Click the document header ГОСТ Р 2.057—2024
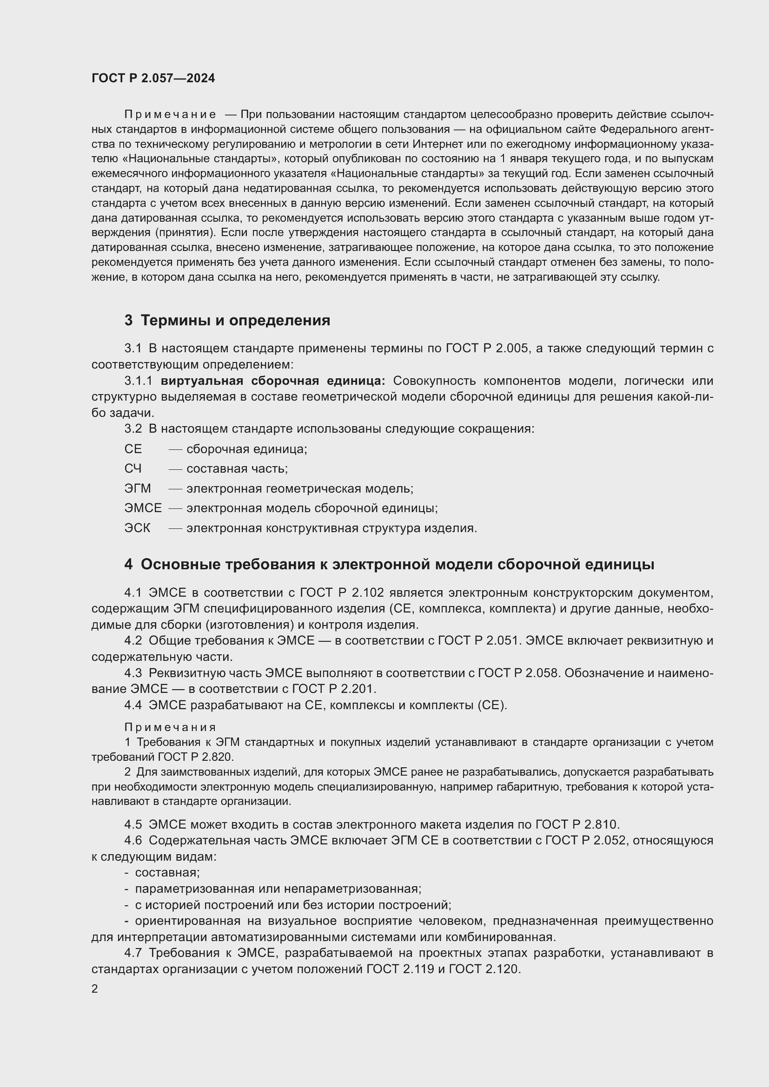(153, 79)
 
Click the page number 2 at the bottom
(95, 989)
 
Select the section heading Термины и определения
(235, 321)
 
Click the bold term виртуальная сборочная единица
(273, 381)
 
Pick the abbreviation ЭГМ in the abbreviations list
(137, 488)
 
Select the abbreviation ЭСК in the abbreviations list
(137, 528)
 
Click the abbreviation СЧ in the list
(133, 469)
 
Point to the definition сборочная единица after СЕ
(246, 449)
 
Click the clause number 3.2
(133, 429)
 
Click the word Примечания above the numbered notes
(171, 727)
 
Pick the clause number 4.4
(133, 705)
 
